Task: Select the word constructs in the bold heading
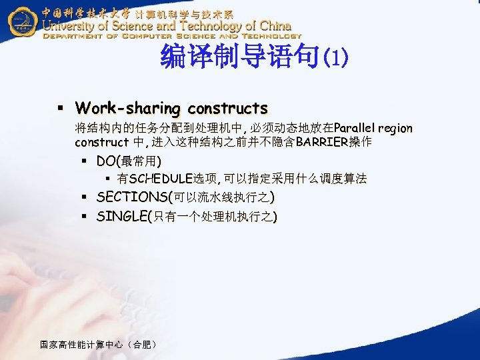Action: coord(227,108)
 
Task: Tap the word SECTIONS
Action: coord(132,197)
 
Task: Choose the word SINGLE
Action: coord(123,216)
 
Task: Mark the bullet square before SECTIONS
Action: coord(83,197)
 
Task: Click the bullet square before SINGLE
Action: coord(83,217)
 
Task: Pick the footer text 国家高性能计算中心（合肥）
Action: coord(99,345)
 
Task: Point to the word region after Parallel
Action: coord(397,128)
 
